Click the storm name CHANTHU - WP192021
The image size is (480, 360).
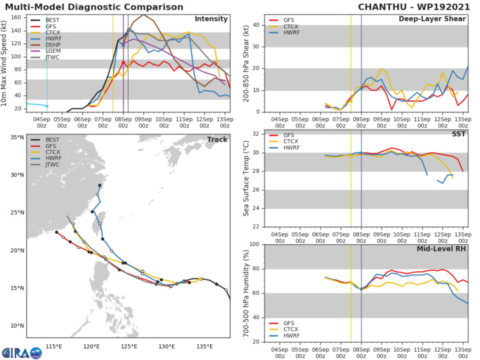[x=416, y=6]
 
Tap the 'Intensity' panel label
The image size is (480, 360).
[x=211, y=19]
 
